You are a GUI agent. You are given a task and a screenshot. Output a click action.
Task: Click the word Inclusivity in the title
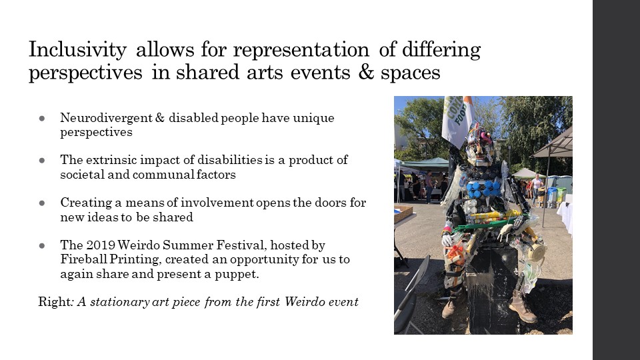(x=77, y=50)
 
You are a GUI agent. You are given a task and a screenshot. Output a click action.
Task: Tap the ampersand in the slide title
(x=367, y=72)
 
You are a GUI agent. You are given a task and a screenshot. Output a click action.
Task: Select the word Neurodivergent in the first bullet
(x=107, y=118)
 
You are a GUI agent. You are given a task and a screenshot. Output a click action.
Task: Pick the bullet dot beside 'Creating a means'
(x=41, y=203)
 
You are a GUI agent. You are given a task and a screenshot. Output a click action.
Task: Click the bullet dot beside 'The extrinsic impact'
(x=41, y=161)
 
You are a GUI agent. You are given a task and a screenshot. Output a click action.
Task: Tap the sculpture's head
(x=480, y=146)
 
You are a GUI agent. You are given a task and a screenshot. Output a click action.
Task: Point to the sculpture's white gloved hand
(x=447, y=239)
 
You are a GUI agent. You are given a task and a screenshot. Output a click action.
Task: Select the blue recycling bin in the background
(x=551, y=197)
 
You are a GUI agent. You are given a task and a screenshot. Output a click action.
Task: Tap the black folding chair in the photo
(x=411, y=294)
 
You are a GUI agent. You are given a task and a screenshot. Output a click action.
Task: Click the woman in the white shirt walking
(x=536, y=188)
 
